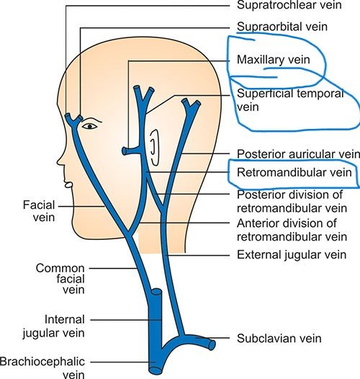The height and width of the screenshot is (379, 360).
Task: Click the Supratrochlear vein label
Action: point(289,5)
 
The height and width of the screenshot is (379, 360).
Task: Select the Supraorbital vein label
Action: point(282,27)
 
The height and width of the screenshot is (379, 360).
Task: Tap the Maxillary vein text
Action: point(274,60)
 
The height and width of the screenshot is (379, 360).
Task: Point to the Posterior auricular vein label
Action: point(298,154)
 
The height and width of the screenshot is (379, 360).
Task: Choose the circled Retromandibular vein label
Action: point(294,173)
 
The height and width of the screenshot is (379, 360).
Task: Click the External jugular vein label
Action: point(292,255)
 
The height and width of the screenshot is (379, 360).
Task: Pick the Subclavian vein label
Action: point(279,339)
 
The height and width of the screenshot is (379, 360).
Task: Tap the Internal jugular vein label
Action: point(53,326)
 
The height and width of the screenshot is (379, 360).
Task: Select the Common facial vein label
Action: point(60,279)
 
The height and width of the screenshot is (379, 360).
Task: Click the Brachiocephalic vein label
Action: point(42,368)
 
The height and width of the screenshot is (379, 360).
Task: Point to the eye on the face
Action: point(90,126)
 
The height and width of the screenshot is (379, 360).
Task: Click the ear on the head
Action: point(154,148)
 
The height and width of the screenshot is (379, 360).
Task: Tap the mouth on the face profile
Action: point(68,185)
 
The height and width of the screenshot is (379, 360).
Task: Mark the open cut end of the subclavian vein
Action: point(212,345)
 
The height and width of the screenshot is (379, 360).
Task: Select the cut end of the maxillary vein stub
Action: point(124,151)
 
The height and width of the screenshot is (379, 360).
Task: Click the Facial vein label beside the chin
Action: point(39,211)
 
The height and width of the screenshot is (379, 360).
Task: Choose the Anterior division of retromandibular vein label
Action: point(292,230)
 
